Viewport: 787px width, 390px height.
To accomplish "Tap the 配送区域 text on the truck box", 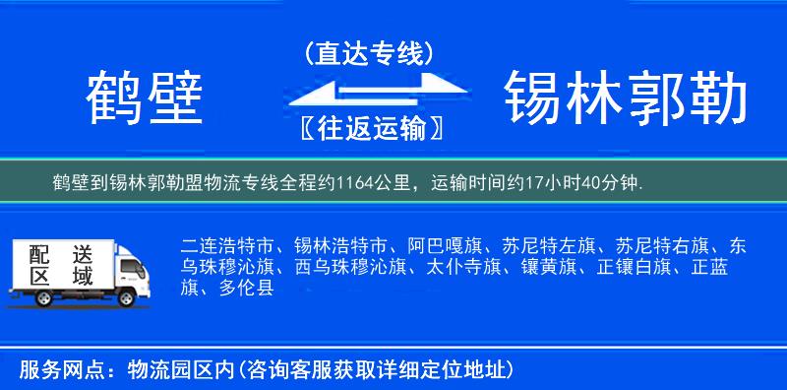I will click(59, 264).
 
